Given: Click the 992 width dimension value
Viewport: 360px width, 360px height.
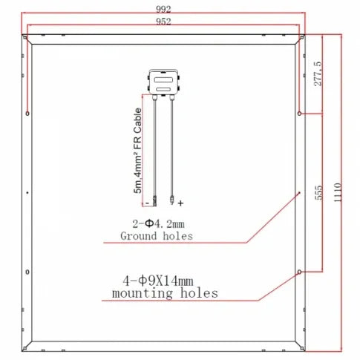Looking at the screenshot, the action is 163,9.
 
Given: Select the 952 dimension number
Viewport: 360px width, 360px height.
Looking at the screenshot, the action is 163,22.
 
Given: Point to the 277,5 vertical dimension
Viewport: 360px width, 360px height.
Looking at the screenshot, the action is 318,73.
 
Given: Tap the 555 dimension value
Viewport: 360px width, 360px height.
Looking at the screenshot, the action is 318,192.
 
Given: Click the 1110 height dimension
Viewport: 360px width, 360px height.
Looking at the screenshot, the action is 338,192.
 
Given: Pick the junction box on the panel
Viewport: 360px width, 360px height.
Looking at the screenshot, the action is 163,82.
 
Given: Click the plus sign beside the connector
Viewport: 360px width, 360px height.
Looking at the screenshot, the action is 180,203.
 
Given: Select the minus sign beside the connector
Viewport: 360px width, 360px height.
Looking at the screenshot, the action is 147,203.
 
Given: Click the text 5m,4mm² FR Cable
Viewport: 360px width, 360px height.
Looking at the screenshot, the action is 137,151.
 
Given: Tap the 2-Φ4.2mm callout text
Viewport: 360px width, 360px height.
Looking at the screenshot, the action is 158,224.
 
